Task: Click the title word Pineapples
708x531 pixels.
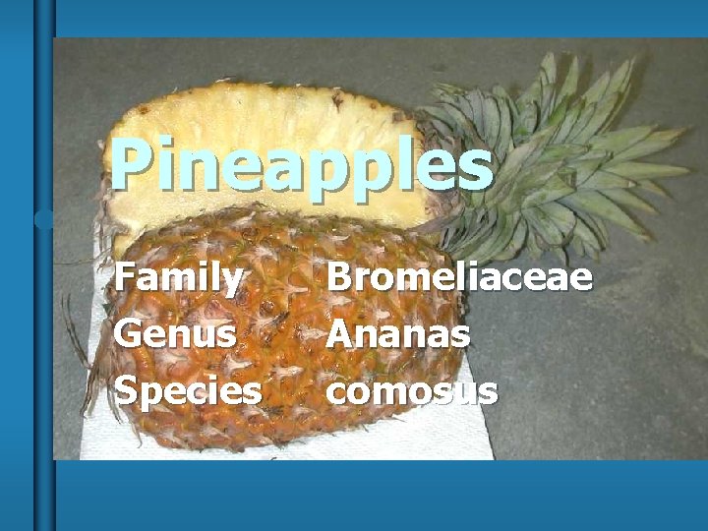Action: [300, 165]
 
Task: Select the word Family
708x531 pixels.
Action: [178, 278]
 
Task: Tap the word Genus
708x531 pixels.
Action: [175, 334]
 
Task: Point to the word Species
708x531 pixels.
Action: [188, 391]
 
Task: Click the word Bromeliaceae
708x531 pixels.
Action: [459, 277]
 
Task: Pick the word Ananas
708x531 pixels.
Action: [398, 334]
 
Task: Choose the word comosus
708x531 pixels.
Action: [412, 390]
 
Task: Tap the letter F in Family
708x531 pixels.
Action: [125, 277]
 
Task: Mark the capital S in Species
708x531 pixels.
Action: [125, 390]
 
